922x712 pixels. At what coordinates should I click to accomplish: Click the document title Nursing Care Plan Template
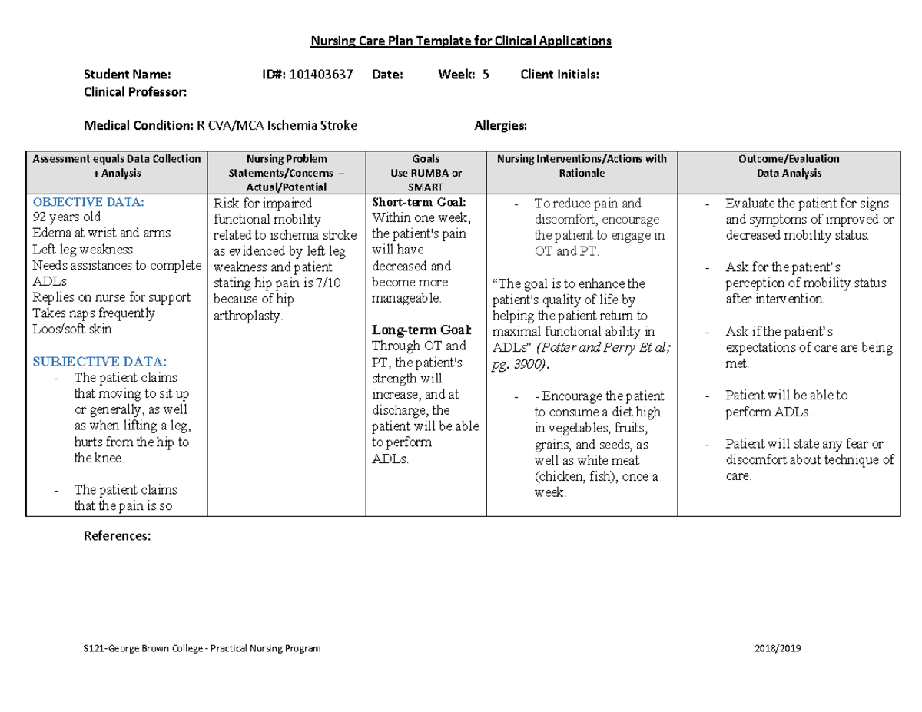(x=460, y=41)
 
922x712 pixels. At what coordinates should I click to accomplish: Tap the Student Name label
(x=128, y=75)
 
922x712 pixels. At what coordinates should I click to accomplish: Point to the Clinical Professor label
(x=135, y=91)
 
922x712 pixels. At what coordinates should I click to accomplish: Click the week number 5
(x=485, y=75)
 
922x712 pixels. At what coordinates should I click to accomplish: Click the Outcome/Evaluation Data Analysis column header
(x=788, y=166)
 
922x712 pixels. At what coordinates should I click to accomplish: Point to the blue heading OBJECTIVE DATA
(x=88, y=203)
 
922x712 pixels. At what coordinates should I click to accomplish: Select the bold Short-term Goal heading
(x=418, y=203)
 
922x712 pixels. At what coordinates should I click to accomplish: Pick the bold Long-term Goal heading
(x=421, y=330)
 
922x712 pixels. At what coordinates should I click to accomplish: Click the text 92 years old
(x=66, y=217)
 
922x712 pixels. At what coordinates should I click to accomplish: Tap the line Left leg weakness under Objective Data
(x=82, y=250)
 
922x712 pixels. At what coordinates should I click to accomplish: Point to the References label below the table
(x=117, y=536)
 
